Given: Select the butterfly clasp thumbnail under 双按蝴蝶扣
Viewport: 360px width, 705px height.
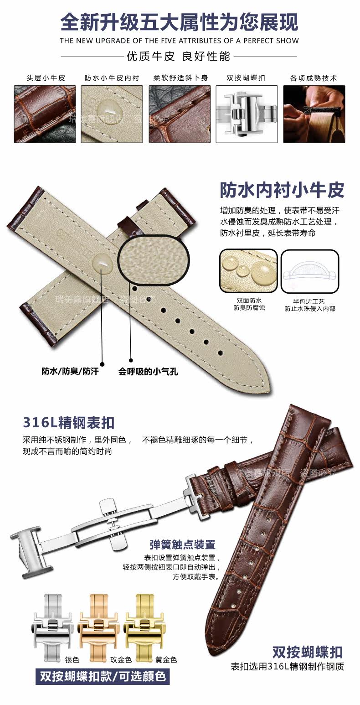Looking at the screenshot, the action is point(247,114).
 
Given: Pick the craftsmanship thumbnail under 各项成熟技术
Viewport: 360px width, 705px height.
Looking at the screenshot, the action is point(314,114).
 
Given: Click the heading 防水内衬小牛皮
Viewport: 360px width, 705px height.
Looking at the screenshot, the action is point(282,190).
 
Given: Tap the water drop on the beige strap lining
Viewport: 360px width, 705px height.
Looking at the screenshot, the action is point(101,264).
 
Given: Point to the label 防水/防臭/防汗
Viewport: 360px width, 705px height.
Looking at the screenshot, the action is point(70,371).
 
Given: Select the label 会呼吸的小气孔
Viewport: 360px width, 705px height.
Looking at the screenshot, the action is point(148,371).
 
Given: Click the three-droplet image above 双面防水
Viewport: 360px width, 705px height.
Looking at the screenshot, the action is point(248,271).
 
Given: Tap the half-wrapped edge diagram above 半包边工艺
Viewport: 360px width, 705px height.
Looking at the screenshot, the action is point(310,271).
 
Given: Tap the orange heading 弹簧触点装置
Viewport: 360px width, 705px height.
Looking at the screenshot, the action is point(182,544).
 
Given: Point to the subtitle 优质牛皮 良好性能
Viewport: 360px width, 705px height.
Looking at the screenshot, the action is point(179,57).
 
